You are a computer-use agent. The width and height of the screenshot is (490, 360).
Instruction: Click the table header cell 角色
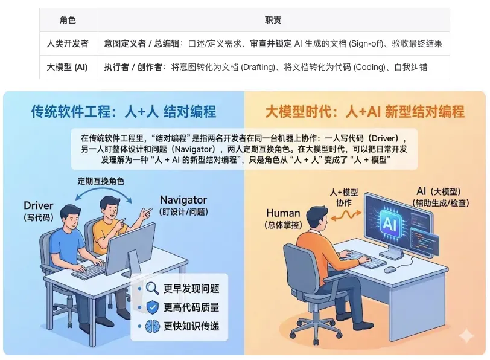(x=68, y=20)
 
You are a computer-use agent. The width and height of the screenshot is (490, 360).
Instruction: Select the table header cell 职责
(x=273, y=20)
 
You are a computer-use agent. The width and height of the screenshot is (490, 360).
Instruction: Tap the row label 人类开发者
(x=68, y=43)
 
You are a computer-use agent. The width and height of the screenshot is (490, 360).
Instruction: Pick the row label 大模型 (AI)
(x=67, y=67)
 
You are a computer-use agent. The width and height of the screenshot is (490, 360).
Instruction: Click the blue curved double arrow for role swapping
(x=103, y=188)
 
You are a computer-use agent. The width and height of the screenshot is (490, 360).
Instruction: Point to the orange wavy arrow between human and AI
(x=346, y=215)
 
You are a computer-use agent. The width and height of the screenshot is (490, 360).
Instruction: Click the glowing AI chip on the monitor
(x=390, y=223)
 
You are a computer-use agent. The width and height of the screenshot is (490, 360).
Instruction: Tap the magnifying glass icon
(x=153, y=288)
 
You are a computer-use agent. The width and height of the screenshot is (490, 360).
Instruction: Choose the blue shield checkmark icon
(x=153, y=307)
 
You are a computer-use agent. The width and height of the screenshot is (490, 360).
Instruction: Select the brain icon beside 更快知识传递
(x=153, y=326)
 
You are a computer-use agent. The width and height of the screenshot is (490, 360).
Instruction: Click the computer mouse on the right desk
(x=390, y=269)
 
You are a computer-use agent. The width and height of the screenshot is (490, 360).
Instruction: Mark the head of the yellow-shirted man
(x=110, y=207)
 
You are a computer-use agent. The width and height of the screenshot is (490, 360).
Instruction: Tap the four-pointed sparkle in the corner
(x=466, y=336)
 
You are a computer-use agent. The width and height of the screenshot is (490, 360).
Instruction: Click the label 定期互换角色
(x=101, y=181)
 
